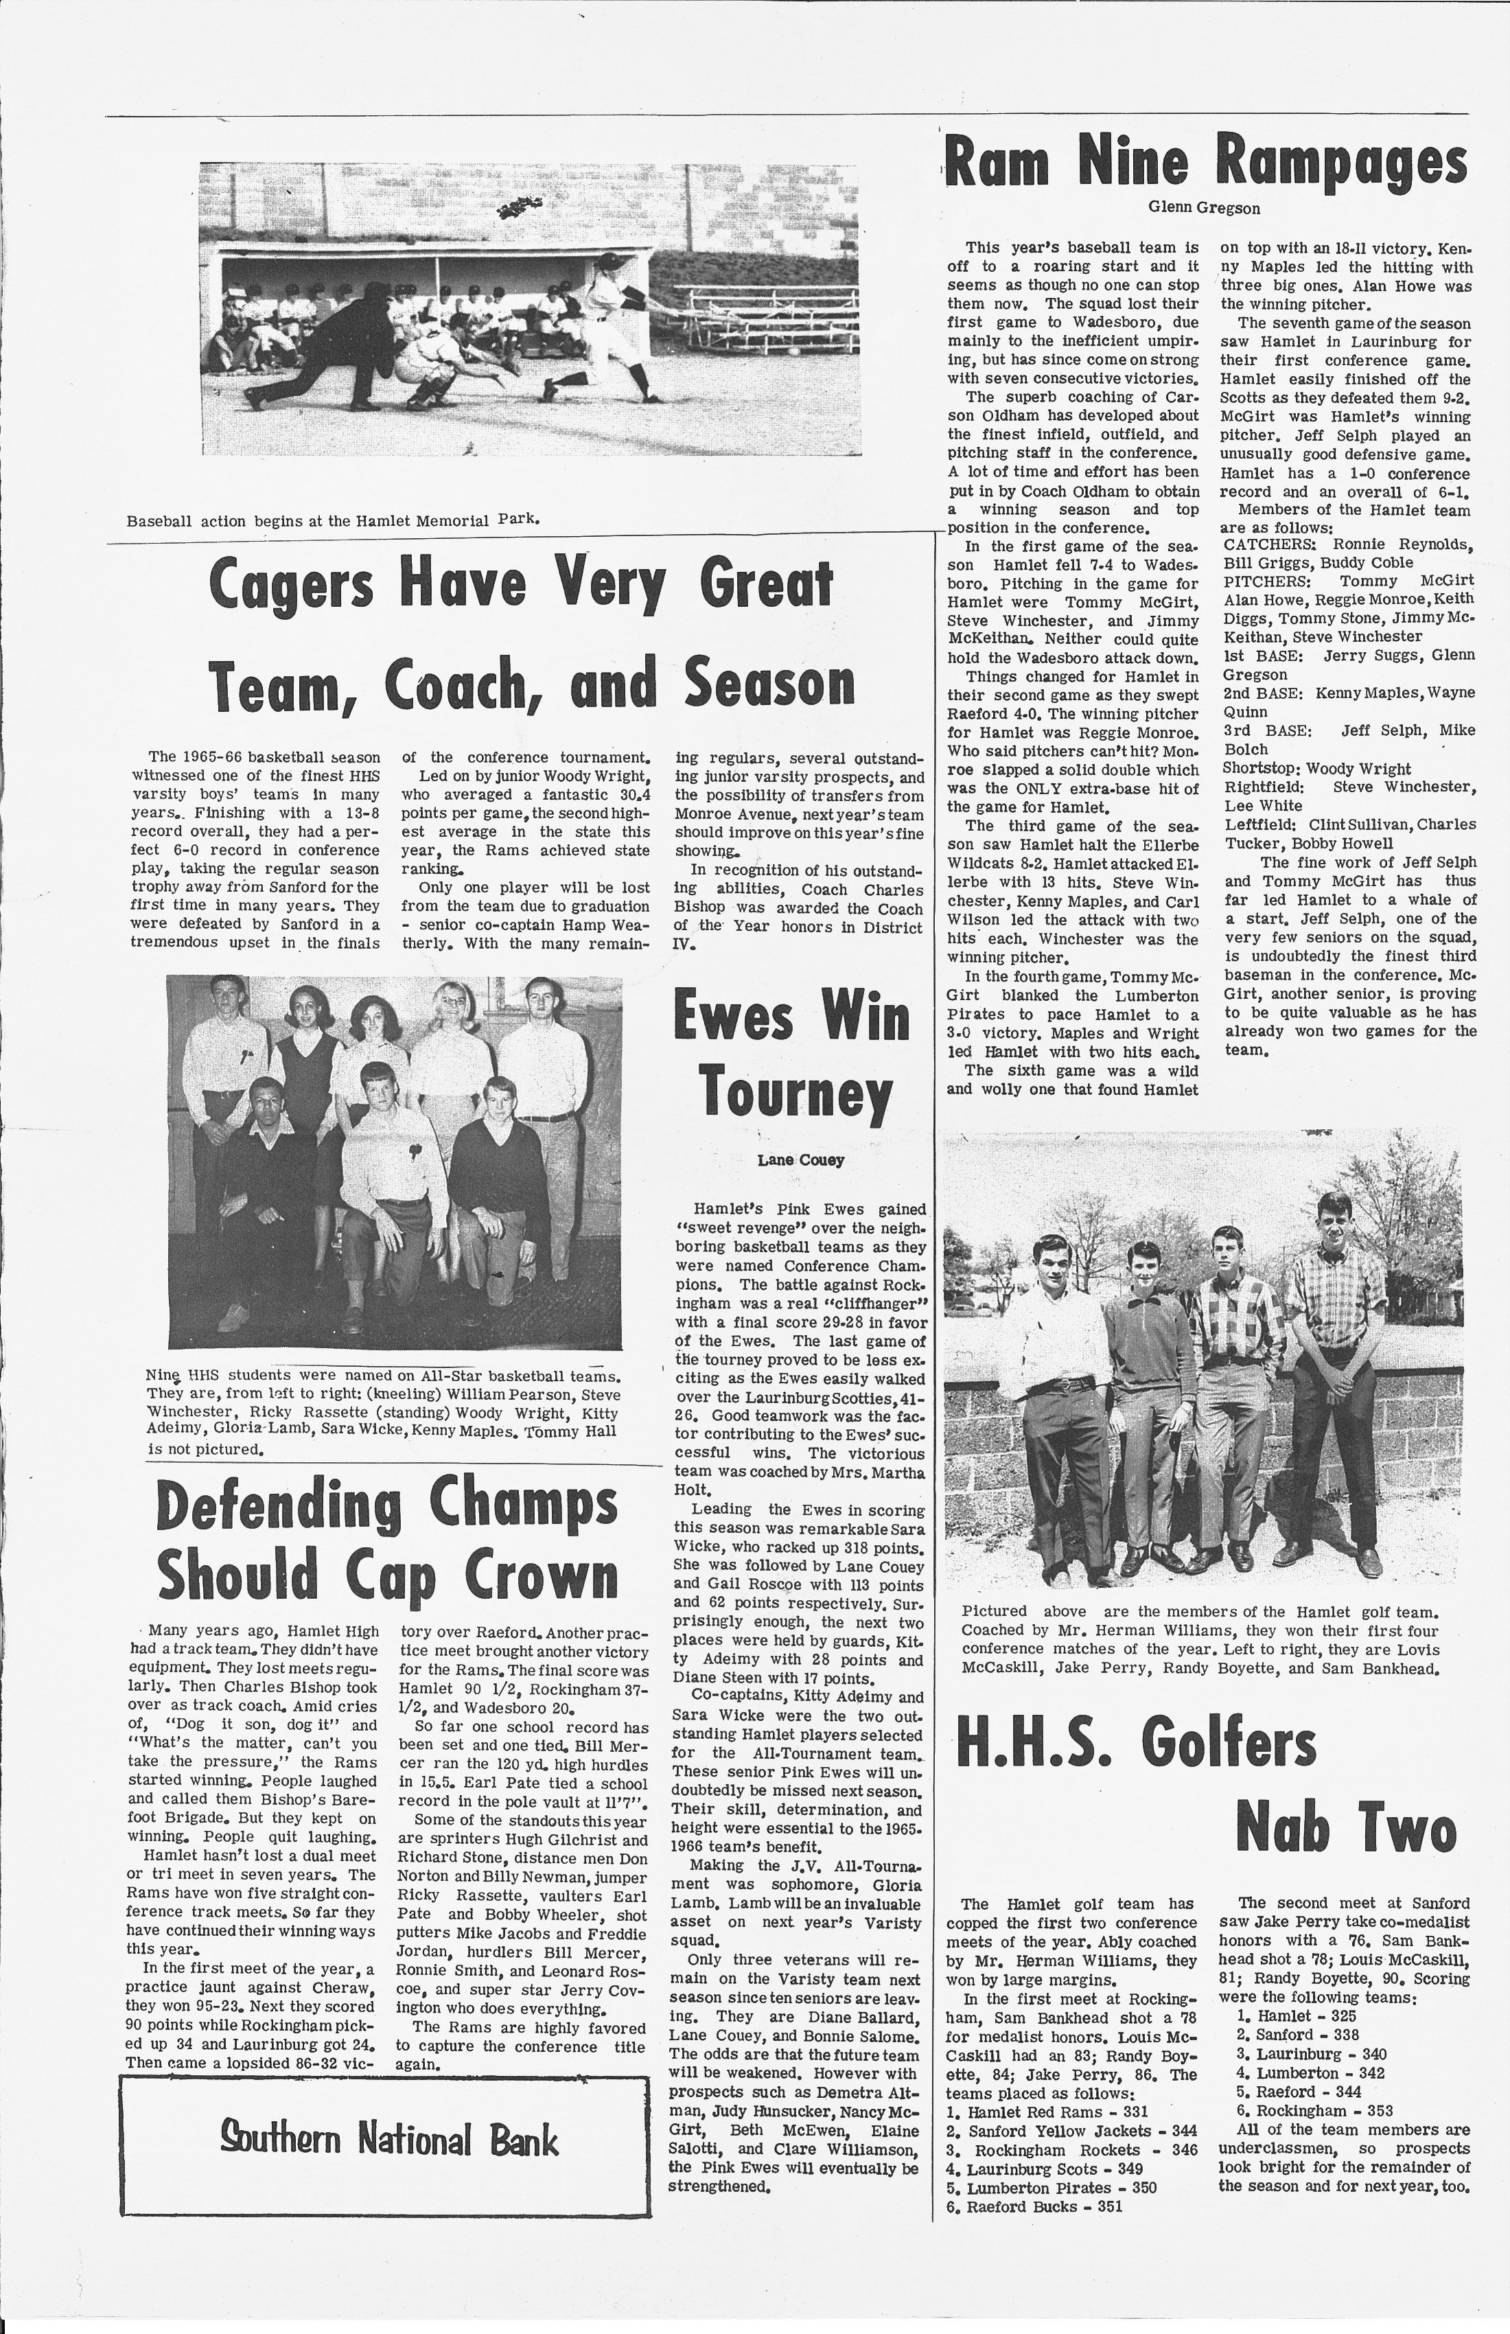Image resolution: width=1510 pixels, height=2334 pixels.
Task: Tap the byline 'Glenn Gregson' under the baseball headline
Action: [x=1204, y=208]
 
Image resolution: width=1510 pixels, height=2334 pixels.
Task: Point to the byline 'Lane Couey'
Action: [x=800, y=1160]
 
